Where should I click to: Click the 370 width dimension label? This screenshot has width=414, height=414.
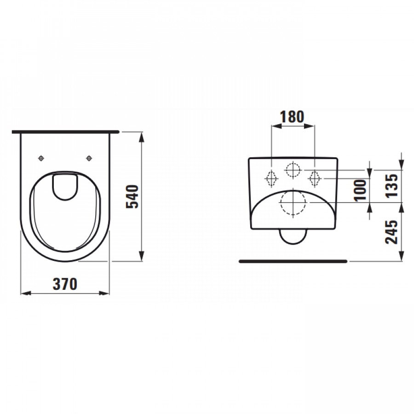[x=65, y=284]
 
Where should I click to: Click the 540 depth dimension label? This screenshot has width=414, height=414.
[x=132, y=197]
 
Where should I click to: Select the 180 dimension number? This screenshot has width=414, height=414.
[x=292, y=117]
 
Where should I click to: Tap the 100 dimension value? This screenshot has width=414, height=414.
[x=360, y=190]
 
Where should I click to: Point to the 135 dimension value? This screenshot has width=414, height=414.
[x=391, y=186]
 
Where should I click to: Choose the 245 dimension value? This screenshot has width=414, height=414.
[x=391, y=232]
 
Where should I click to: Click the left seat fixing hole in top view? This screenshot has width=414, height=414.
[x=41, y=158]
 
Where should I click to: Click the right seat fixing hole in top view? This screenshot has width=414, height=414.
[x=89, y=158]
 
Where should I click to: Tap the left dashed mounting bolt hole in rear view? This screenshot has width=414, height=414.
[x=271, y=179]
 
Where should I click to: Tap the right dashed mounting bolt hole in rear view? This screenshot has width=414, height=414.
[x=315, y=179]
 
